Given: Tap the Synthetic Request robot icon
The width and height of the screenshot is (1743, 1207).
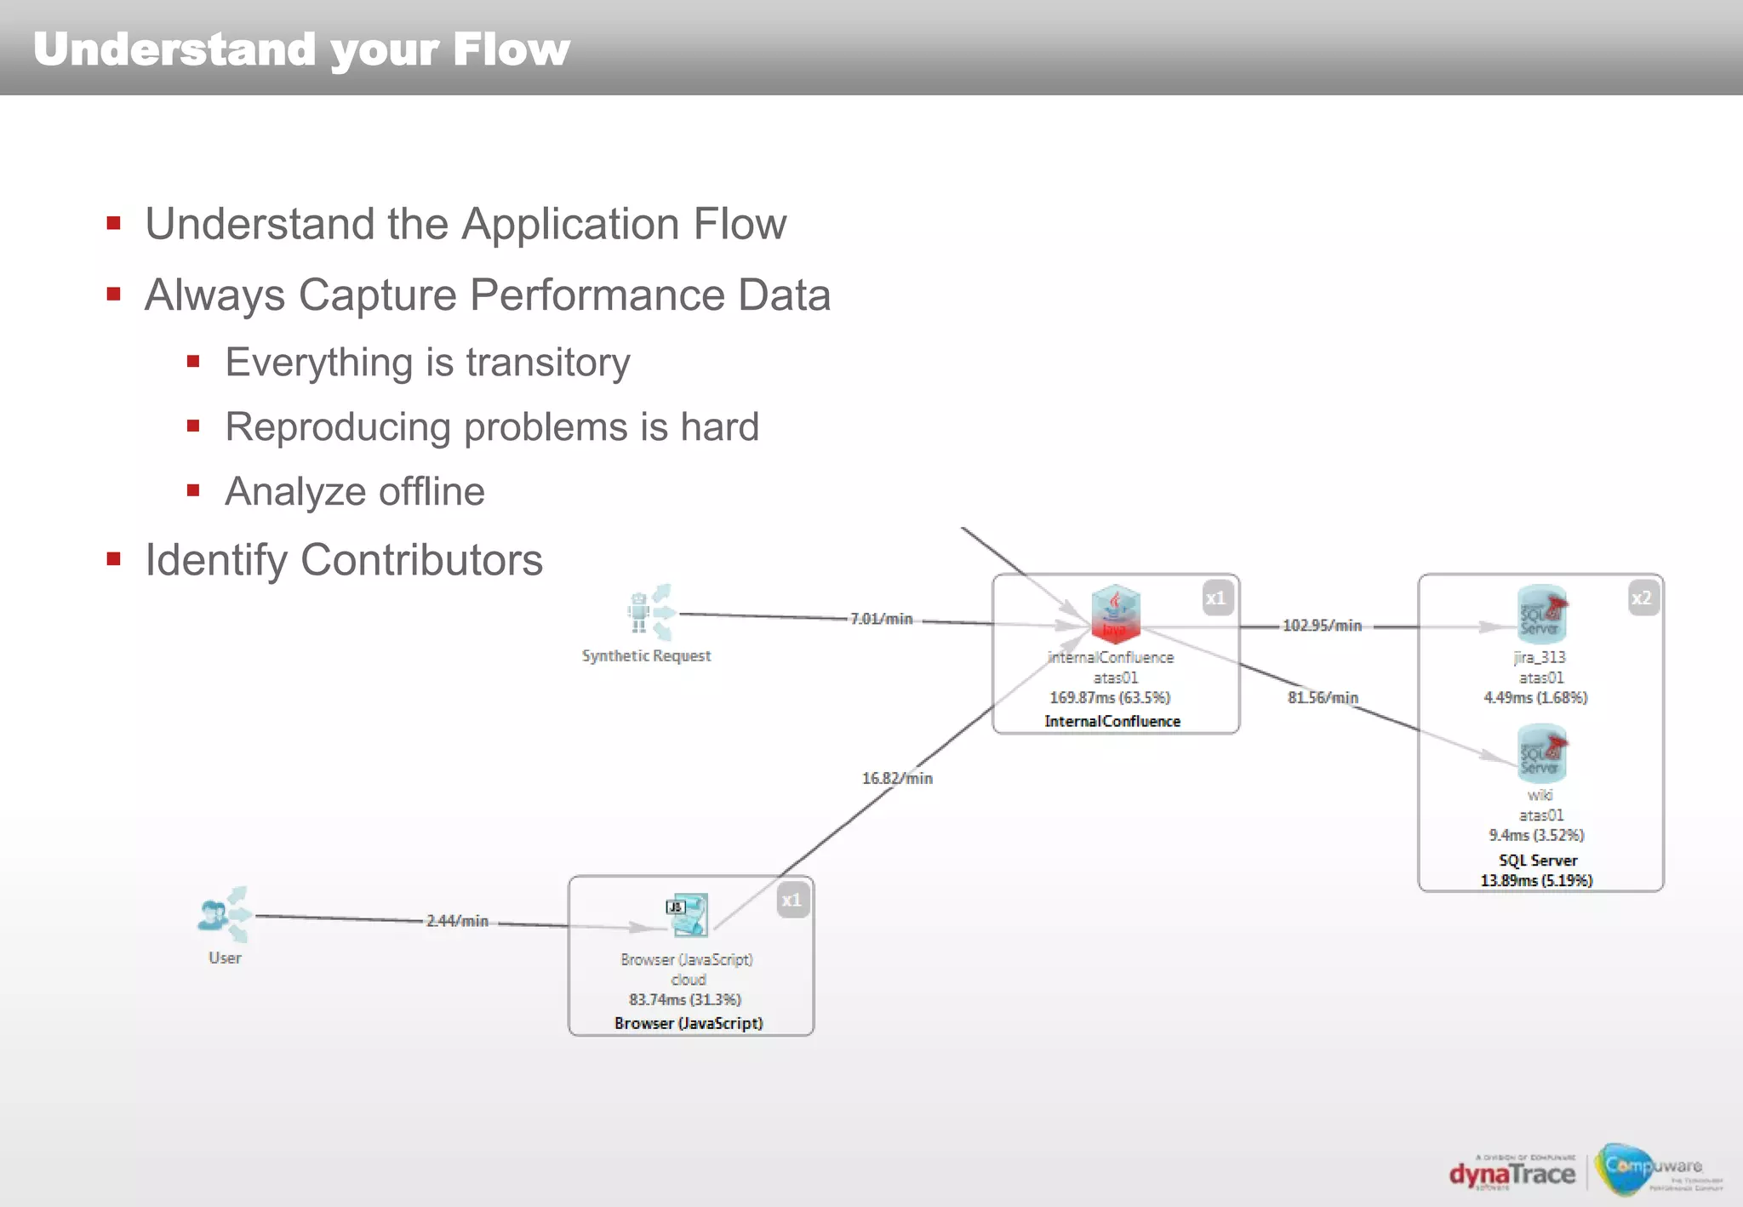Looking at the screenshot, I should pyautogui.click(x=649, y=612).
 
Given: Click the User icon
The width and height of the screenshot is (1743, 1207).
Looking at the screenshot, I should pyautogui.click(x=223, y=915).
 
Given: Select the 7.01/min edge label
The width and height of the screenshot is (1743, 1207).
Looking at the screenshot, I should pyautogui.click(x=881, y=619).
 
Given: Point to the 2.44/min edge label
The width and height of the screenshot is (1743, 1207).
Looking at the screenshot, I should pyautogui.click(x=457, y=921).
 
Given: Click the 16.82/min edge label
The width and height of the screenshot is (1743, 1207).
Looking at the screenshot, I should pyautogui.click(x=897, y=779).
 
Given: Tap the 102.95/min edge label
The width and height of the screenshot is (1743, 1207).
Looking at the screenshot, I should pyautogui.click(x=1322, y=626).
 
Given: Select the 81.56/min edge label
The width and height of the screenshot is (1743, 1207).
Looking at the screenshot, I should pyautogui.click(x=1323, y=698).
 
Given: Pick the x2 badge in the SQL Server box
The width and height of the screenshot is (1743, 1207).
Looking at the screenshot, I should pyautogui.click(x=1642, y=598).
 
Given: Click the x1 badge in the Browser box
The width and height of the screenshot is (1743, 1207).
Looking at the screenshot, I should pyautogui.click(x=791, y=901).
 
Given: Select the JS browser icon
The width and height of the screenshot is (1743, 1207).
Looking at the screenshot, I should pyautogui.click(x=688, y=915).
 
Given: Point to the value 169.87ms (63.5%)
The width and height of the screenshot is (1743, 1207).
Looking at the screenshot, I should pyautogui.click(x=1110, y=698).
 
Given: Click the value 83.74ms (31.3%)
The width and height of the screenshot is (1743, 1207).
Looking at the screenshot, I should pyautogui.click(x=685, y=1000).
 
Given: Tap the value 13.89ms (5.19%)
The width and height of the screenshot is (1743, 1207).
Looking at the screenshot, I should pyautogui.click(x=1536, y=881).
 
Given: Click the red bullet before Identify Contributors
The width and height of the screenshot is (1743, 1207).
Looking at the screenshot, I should pyautogui.click(x=114, y=559).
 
